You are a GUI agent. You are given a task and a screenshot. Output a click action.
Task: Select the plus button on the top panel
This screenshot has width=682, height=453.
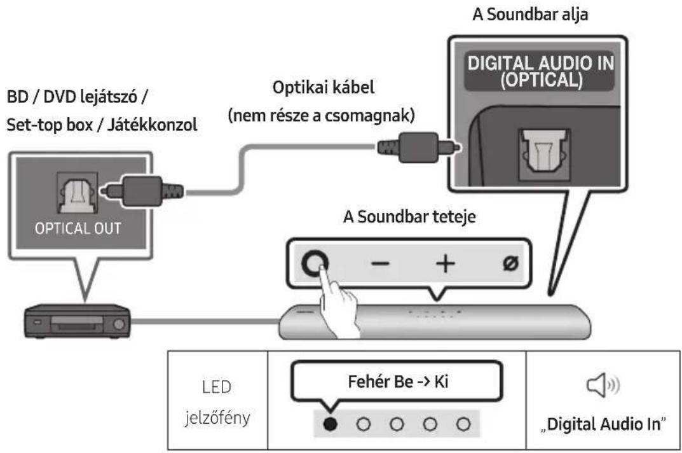[x=446, y=263]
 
